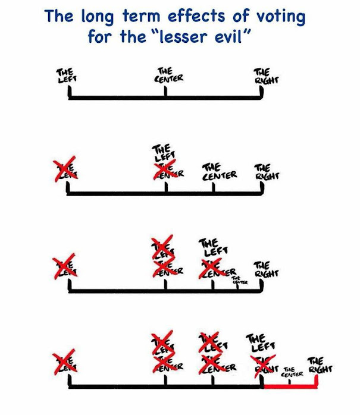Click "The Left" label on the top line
pos(65,76)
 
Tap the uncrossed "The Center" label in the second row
pos(219,172)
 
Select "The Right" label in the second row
pos(267,172)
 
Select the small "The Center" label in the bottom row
pos(292,372)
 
